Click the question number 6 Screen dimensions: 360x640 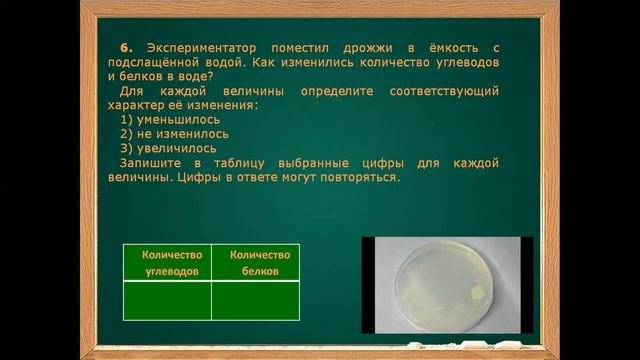(125, 47)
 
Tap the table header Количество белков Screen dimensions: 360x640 (256, 263)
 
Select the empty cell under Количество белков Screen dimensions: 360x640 (256, 301)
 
